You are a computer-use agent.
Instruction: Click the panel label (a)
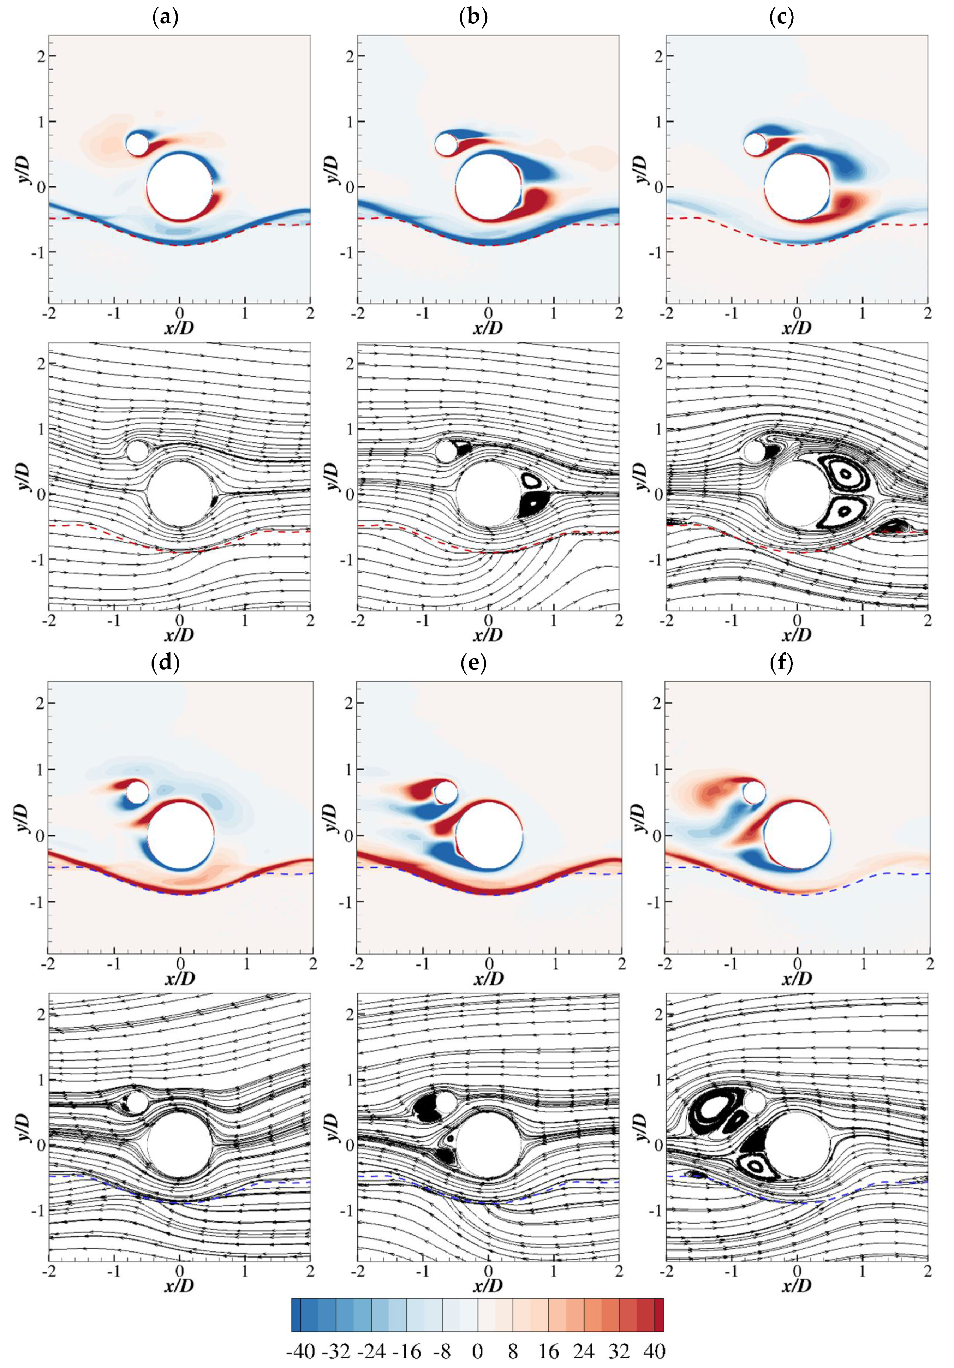pyautogui.click(x=165, y=18)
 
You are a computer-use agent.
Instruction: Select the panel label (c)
pyautogui.click(x=781, y=18)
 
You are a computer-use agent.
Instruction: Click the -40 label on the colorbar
pyautogui.click(x=300, y=1350)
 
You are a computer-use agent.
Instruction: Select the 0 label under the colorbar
pyautogui.click(x=477, y=1350)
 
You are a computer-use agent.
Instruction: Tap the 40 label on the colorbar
pyautogui.click(x=654, y=1350)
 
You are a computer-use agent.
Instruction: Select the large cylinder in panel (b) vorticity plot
pyautogui.click(x=489, y=186)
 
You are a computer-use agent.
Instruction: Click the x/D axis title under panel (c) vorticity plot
pyautogui.click(x=797, y=328)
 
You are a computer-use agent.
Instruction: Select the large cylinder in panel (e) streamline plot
pyautogui.click(x=489, y=1145)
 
